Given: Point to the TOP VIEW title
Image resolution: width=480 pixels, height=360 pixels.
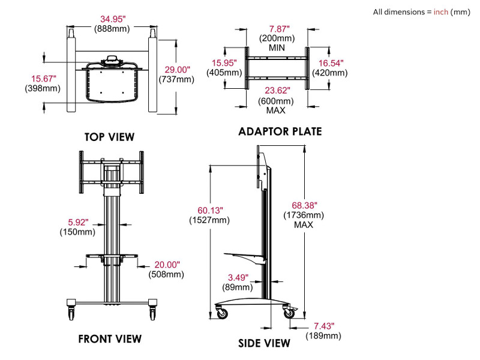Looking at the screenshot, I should tap(109, 137).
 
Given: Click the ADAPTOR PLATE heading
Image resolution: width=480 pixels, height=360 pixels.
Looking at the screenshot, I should tap(280, 131).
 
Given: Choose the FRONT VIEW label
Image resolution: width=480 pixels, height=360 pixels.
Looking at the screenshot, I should tap(110, 338).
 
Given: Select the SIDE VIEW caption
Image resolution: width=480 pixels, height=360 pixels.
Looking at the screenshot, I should tap(265, 343).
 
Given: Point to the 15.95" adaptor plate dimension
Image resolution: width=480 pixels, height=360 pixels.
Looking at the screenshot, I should tap(224, 63).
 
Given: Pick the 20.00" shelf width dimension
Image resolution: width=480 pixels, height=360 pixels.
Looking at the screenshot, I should tap(166, 265).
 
